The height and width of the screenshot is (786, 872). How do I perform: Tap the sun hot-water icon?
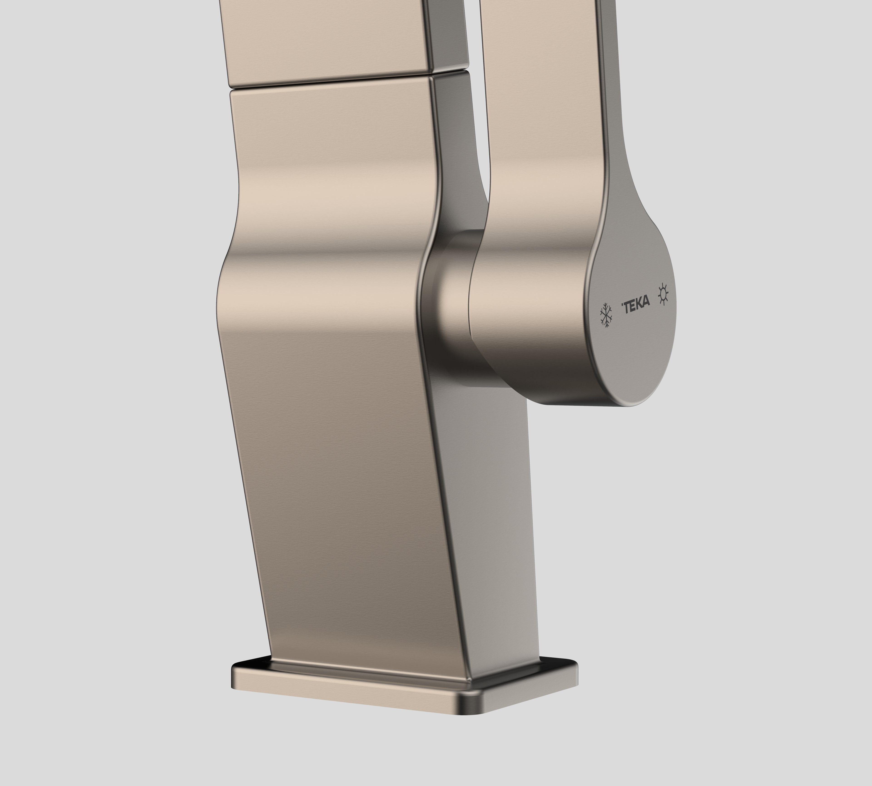click(x=663, y=294)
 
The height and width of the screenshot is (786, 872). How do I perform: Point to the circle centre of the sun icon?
click(x=663, y=294)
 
